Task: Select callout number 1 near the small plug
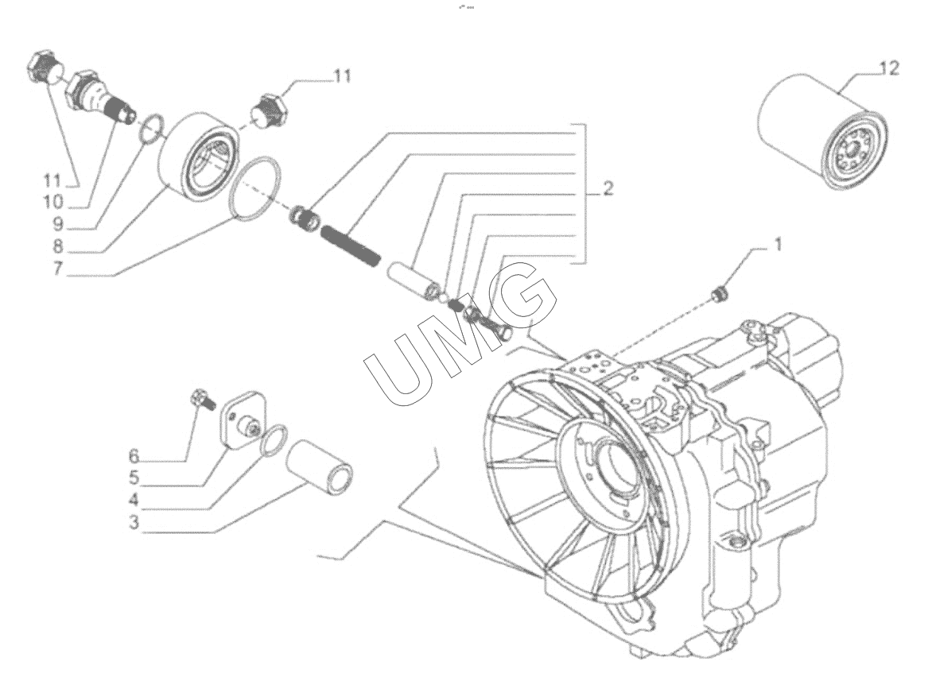[x=778, y=245]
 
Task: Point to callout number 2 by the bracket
[x=607, y=189]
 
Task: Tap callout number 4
[x=134, y=500]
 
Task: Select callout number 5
[x=134, y=478]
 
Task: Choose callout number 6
[x=134, y=456]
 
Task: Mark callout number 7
[x=57, y=269]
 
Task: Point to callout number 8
[x=57, y=247]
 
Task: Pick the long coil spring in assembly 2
[x=351, y=246]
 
